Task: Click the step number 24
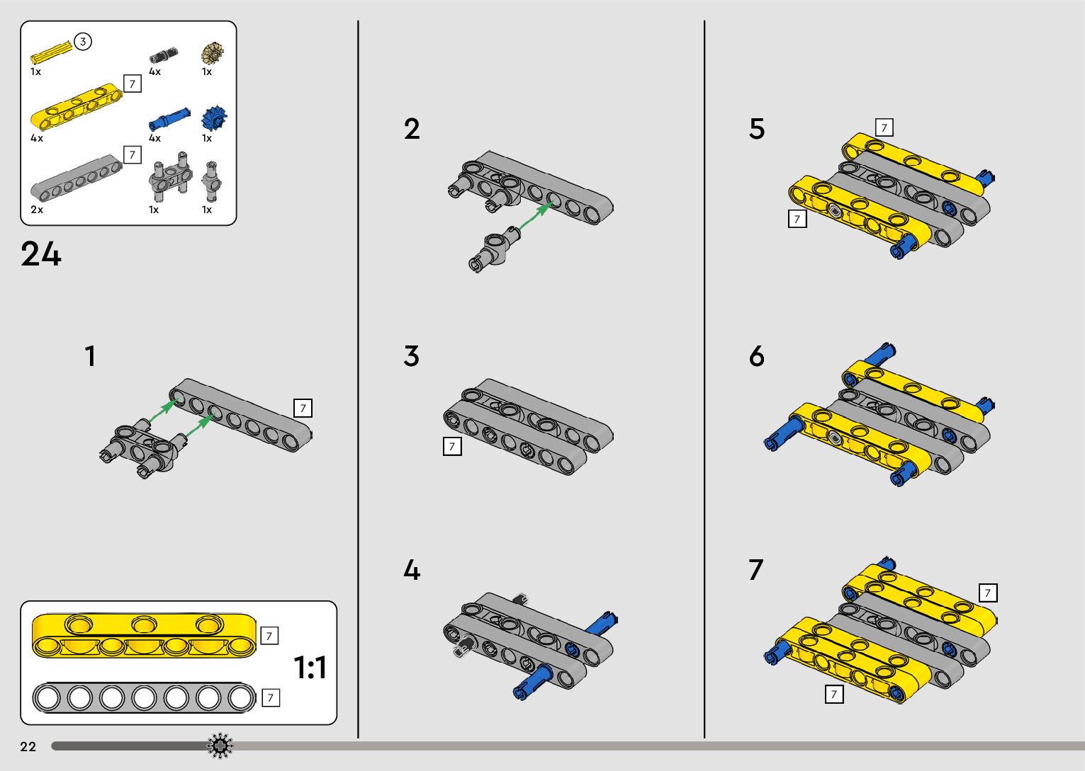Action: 41,254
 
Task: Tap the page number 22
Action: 28,747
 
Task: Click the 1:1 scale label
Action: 310,668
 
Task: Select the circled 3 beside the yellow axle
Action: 83,42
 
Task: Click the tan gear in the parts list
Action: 212,53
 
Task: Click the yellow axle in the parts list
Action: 52,53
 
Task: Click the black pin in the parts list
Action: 163,55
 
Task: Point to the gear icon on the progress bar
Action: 220,746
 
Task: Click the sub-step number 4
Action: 412,571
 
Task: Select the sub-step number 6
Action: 757,356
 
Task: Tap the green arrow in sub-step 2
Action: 536,215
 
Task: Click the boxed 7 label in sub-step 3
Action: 451,446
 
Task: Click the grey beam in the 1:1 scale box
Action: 144,698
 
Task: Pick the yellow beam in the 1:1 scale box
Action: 144,634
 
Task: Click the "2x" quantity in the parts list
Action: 37,210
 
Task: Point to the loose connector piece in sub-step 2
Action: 493,251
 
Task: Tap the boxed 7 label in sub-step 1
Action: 303,408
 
